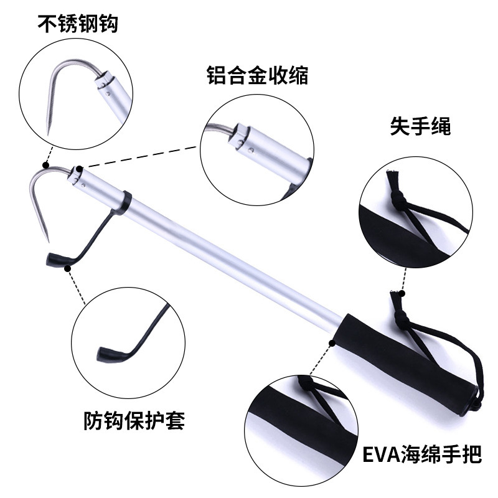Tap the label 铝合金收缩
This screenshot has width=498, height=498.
pyautogui.click(x=257, y=77)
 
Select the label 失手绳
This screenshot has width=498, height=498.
pyautogui.click(x=420, y=126)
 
